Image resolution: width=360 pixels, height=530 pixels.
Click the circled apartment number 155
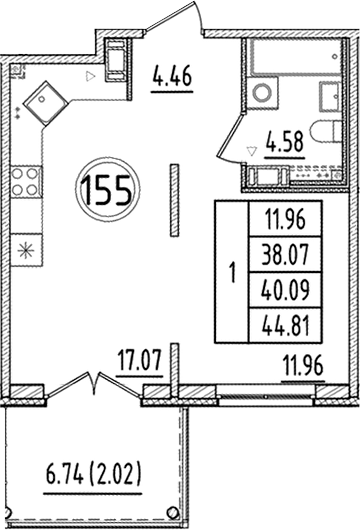[x=108, y=190]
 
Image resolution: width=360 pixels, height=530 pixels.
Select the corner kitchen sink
[x=44, y=99]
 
